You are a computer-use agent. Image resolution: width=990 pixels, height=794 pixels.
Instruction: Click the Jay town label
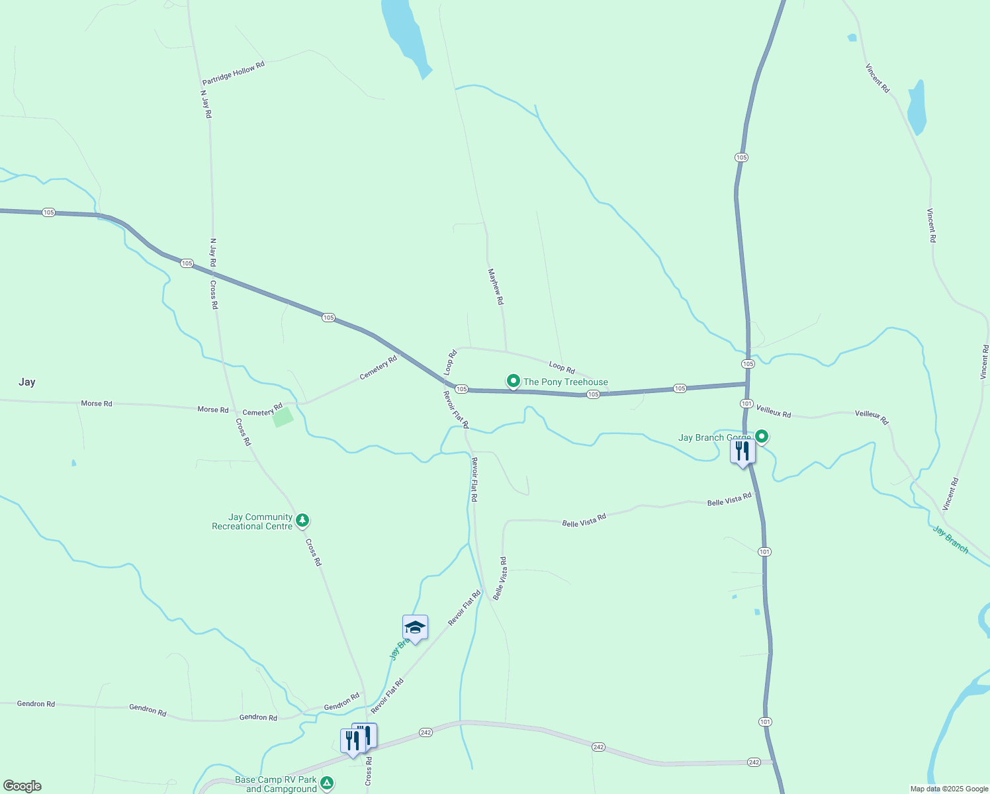pos(26,382)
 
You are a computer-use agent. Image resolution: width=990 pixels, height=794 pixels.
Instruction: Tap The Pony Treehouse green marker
pos(513,381)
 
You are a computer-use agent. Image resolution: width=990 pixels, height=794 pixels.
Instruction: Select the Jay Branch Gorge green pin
pos(762,436)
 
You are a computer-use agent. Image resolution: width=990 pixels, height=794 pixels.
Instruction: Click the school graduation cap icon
pos(415,627)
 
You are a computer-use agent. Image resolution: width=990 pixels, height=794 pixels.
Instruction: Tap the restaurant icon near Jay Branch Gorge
pos(742,452)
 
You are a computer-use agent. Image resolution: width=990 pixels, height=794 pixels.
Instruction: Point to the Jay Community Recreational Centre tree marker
pos(302,521)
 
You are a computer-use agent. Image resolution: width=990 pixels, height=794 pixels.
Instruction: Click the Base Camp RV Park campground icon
pos(326,783)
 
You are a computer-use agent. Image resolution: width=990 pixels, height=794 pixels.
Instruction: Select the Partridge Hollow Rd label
pos(233,73)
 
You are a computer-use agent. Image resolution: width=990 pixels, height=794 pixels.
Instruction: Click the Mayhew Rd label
pos(496,287)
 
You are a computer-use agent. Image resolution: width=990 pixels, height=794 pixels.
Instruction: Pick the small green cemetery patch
pos(283,417)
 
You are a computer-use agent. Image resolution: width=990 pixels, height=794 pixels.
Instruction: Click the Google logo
pos(22,785)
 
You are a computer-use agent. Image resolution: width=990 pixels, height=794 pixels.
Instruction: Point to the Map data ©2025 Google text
pos(949,789)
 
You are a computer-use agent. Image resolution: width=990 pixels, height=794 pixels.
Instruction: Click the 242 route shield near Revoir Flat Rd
pos(426,732)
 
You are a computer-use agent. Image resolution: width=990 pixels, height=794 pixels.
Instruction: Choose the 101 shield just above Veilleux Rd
pos(746,403)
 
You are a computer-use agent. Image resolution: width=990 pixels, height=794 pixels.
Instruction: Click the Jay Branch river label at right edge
pos(950,539)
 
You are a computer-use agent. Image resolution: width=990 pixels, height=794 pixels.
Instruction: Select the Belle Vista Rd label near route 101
pos(729,500)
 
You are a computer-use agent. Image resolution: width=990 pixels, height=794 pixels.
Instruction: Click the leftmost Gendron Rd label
pos(36,703)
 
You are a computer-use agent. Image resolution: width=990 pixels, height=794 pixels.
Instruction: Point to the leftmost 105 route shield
pos(48,212)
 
